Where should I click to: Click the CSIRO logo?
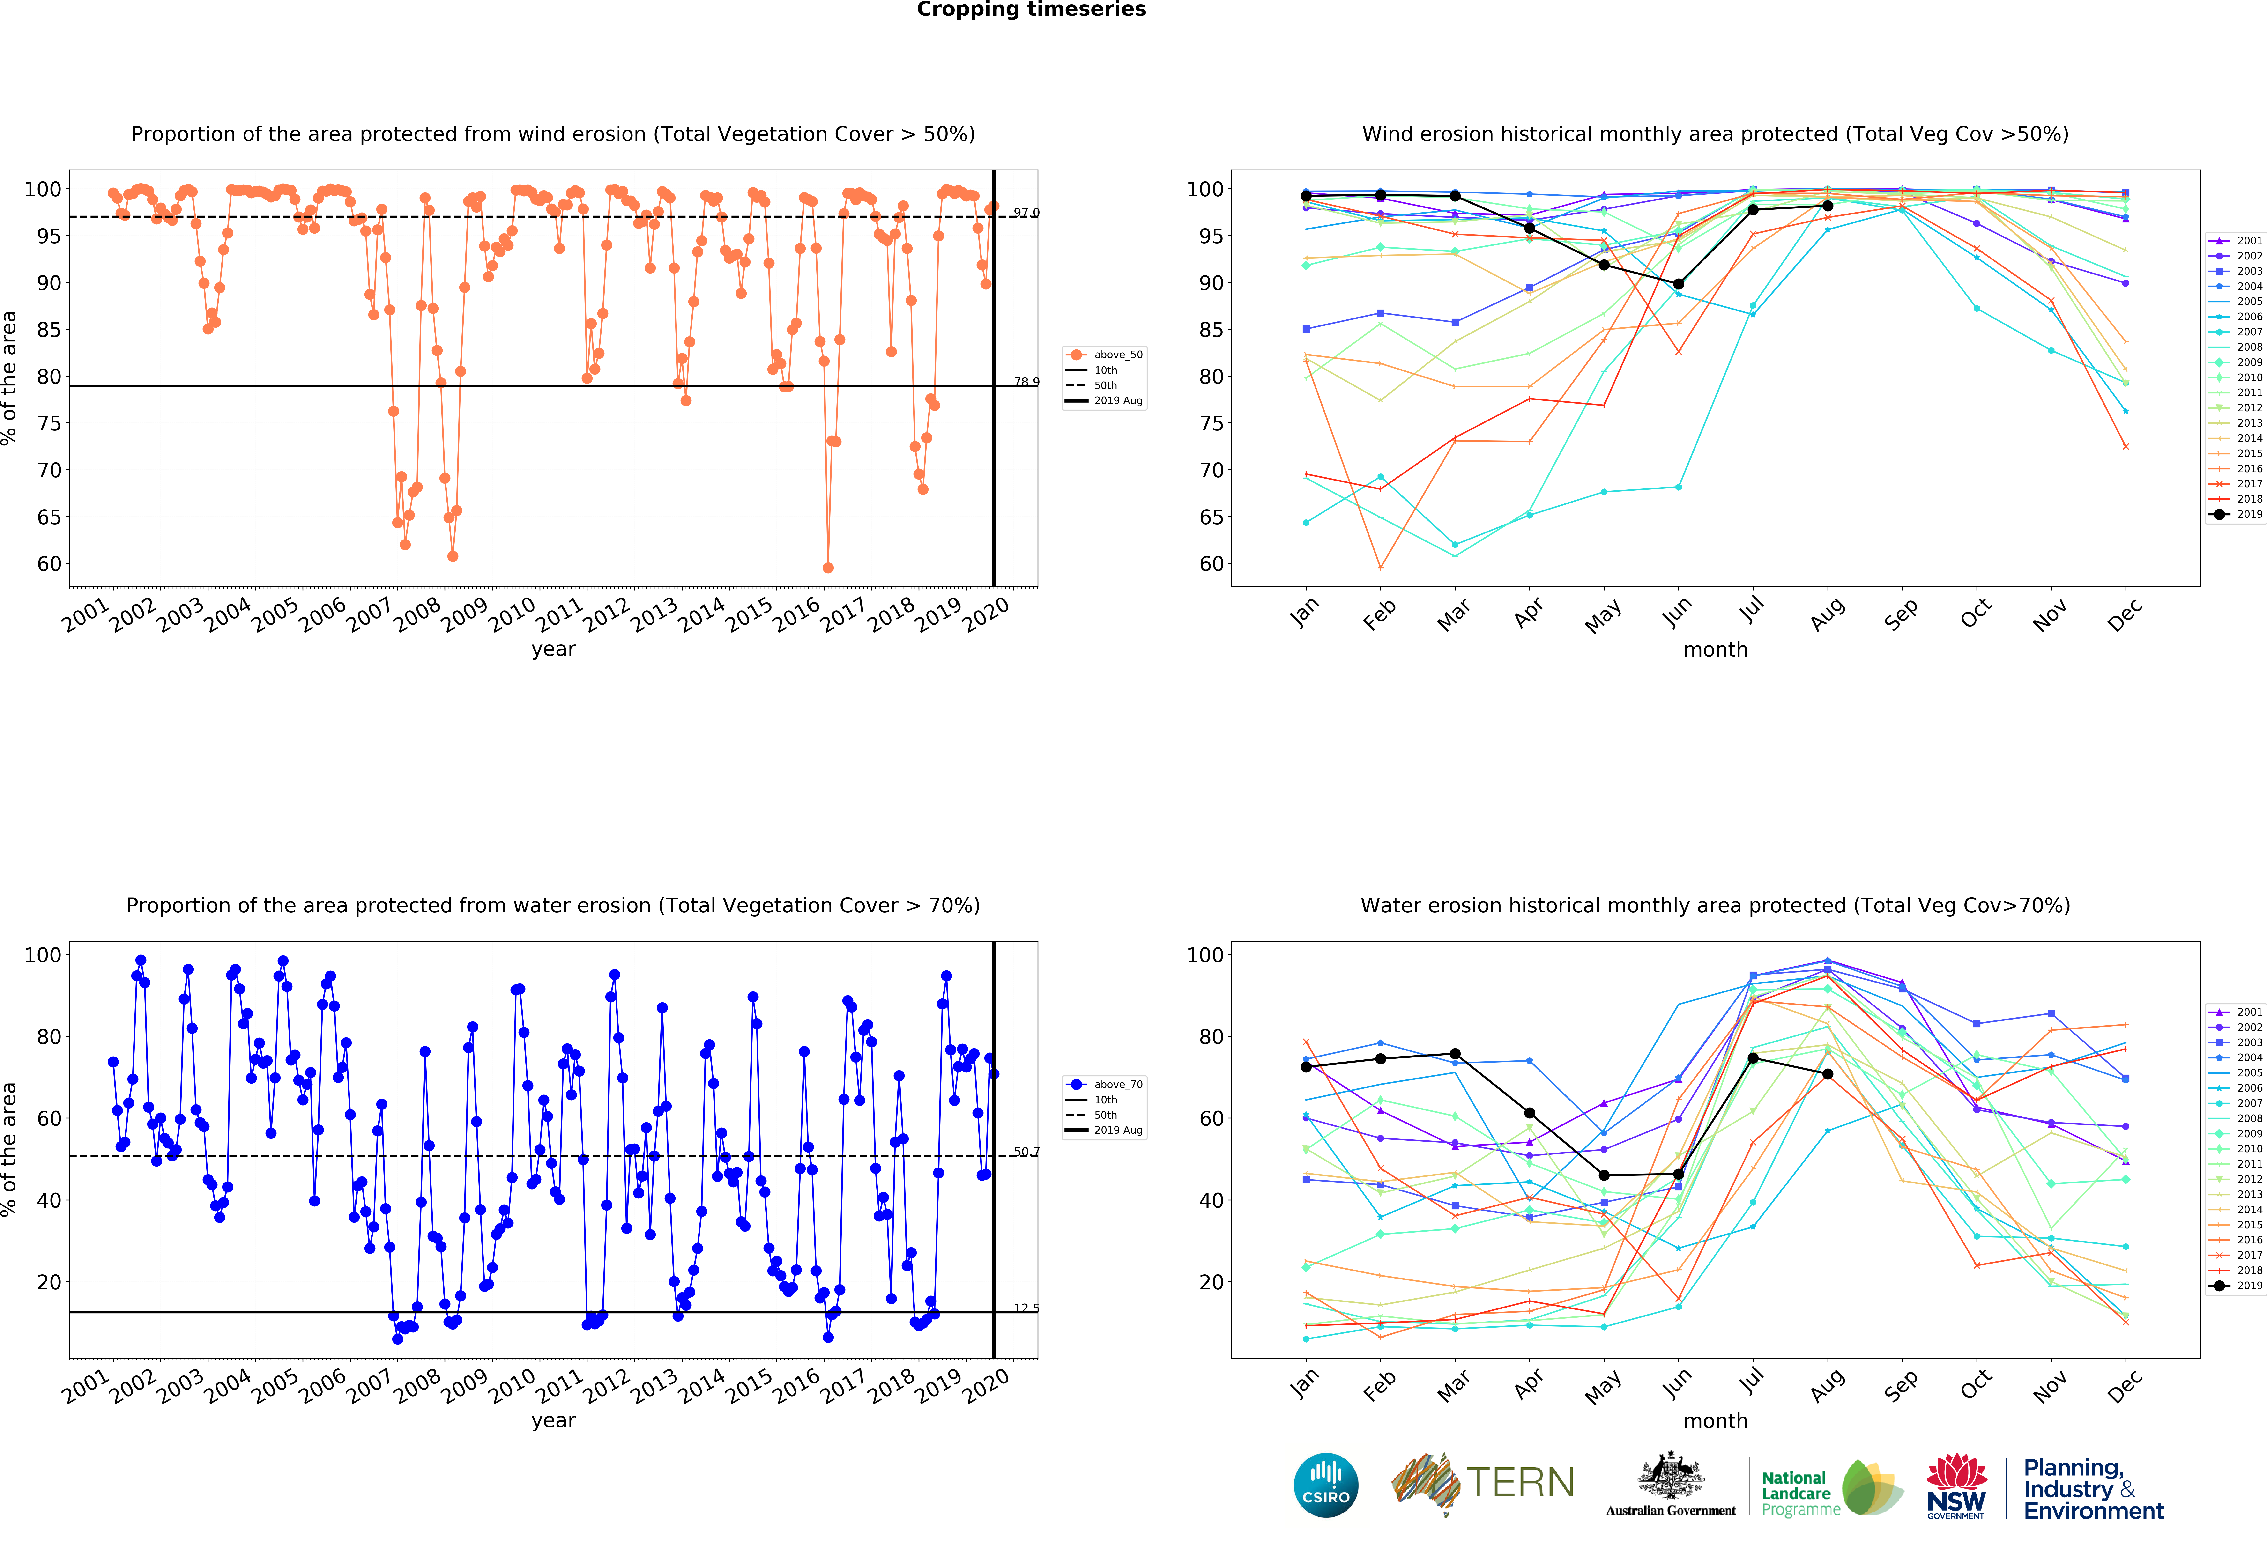pyautogui.click(x=1326, y=1486)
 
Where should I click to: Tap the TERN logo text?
pyautogui.click(x=1520, y=1483)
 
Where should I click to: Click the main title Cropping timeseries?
pyautogui.click(x=1031, y=10)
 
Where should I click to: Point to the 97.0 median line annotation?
pyautogui.click(x=1025, y=213)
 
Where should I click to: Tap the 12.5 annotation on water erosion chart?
pyautogui.click(x=1025, y=1308)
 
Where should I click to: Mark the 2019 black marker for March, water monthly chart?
pyautogui.click(x=1454, y=1054)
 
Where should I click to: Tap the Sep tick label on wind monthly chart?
pyautogui.click(x=1901, y=613)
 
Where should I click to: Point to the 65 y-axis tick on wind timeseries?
pyautogui.click(x=49, y=517)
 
